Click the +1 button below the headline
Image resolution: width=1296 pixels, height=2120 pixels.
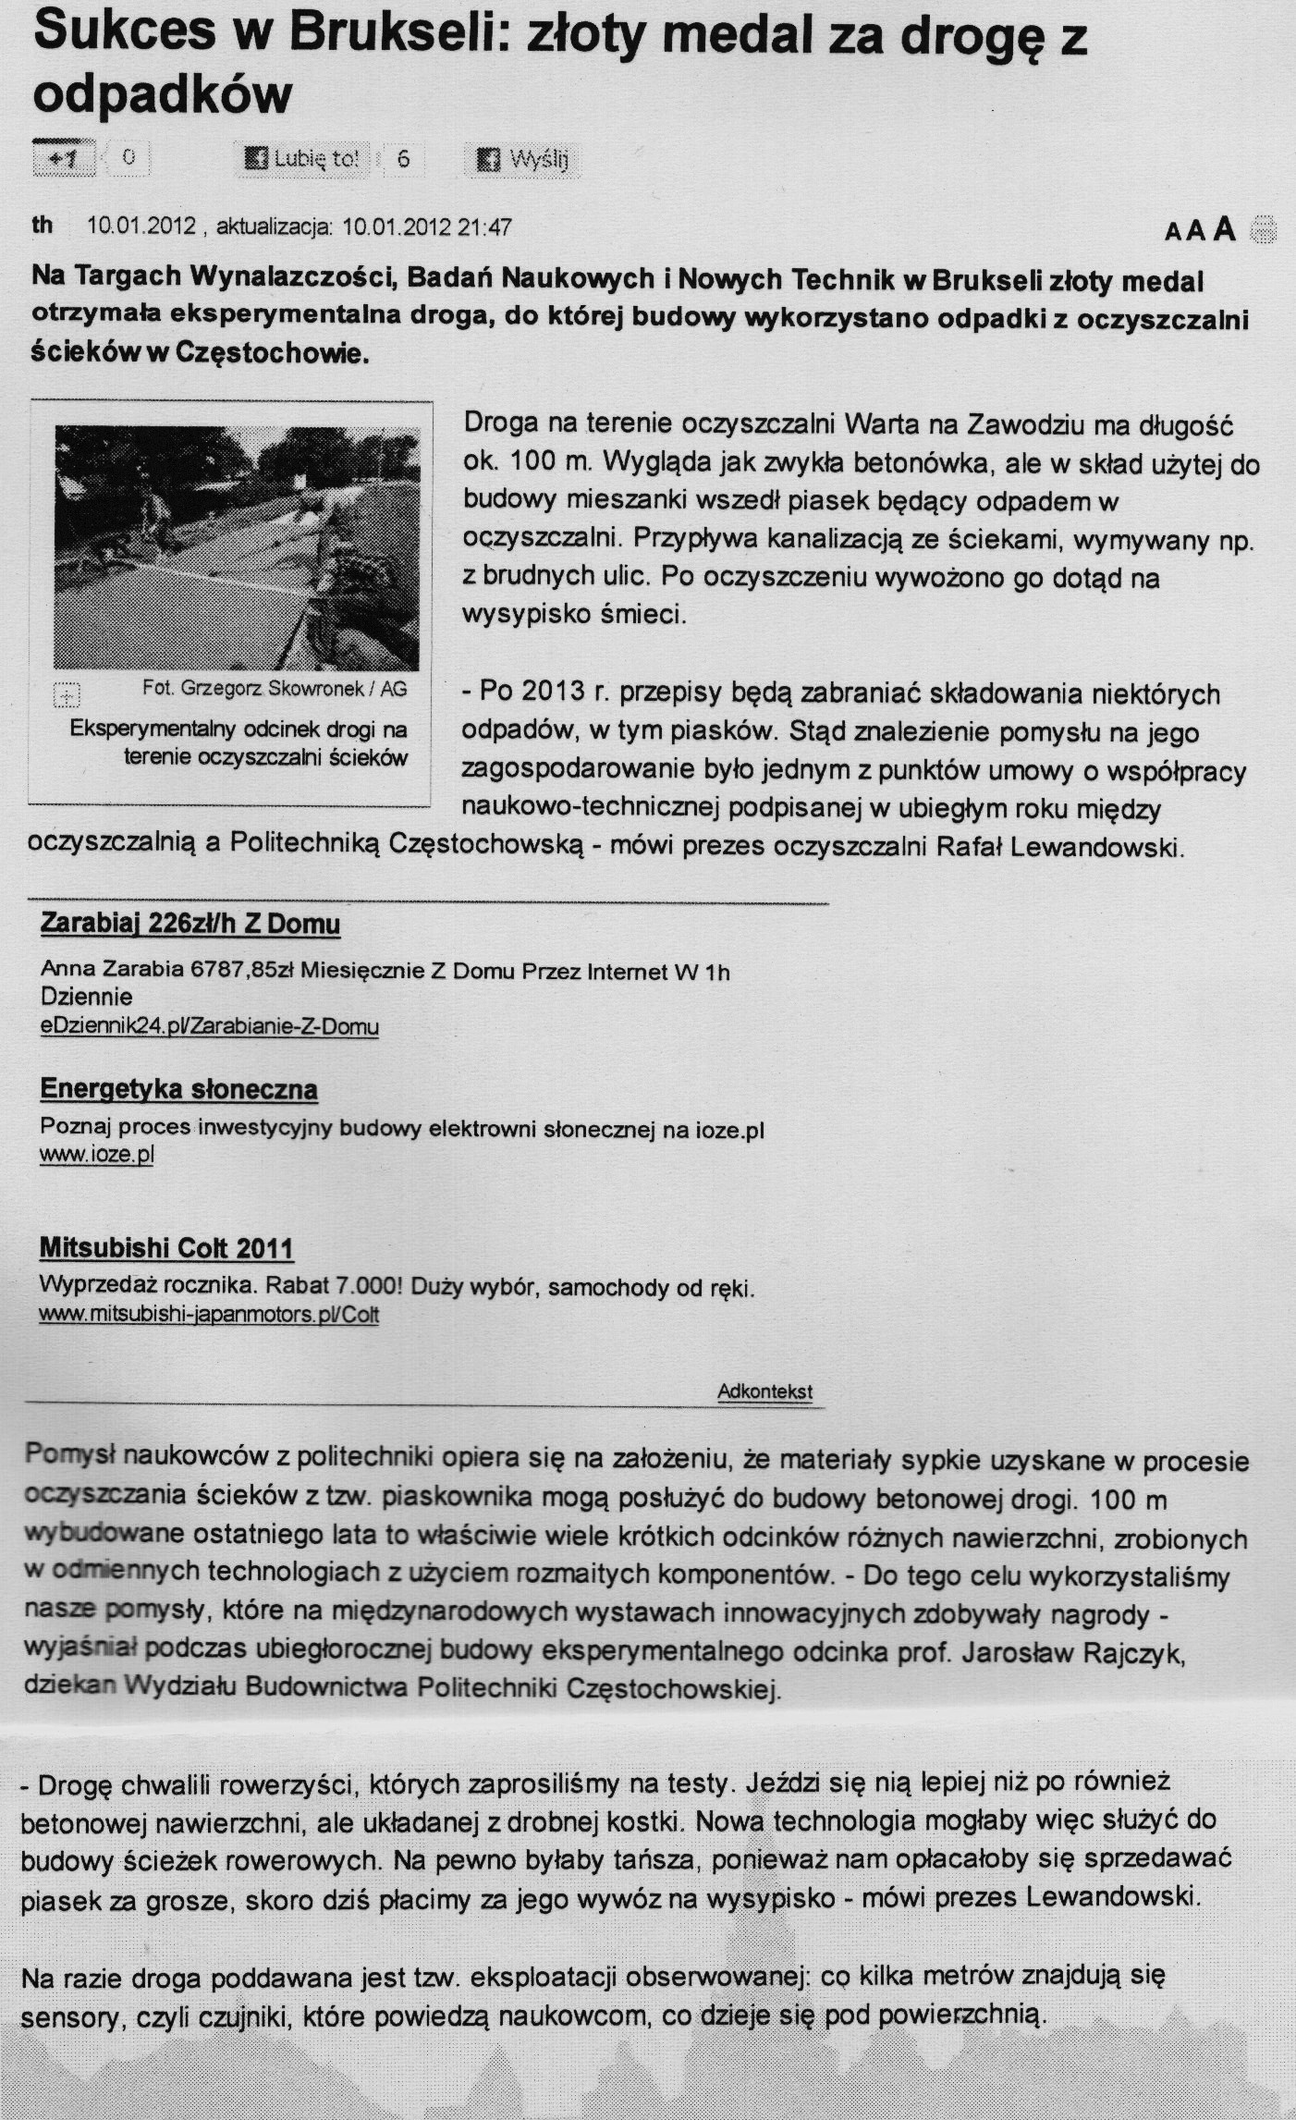click(64, 158)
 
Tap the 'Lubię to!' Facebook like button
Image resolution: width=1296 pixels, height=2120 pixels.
click(301, 158)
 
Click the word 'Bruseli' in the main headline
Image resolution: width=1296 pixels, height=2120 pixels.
click(395, 37)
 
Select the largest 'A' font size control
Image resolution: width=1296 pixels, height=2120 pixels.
click(1225, 228)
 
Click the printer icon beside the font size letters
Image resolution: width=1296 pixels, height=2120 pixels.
click(1263, 228)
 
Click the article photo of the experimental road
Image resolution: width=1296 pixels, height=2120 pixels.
click(236, 546)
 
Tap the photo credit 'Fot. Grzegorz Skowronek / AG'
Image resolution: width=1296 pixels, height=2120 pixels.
click(275, 689)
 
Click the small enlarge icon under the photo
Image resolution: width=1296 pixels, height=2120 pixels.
click(67, 692)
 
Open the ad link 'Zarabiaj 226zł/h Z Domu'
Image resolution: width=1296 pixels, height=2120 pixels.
click(190, 924)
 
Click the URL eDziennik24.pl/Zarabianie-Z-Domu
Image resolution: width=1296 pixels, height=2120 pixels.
click(210, 1026)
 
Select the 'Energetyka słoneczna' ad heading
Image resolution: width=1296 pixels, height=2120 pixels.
click(179, 1089)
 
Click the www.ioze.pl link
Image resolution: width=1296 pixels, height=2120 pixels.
click(96, 1155)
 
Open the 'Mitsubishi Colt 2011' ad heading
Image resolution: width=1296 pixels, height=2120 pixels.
click(166, 1248)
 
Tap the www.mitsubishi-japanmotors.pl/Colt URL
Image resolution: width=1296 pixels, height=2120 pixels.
click(209, 1315)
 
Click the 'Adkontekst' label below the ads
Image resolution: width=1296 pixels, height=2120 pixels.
click(764, 1391)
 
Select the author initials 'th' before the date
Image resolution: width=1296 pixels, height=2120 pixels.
click(43, 226)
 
